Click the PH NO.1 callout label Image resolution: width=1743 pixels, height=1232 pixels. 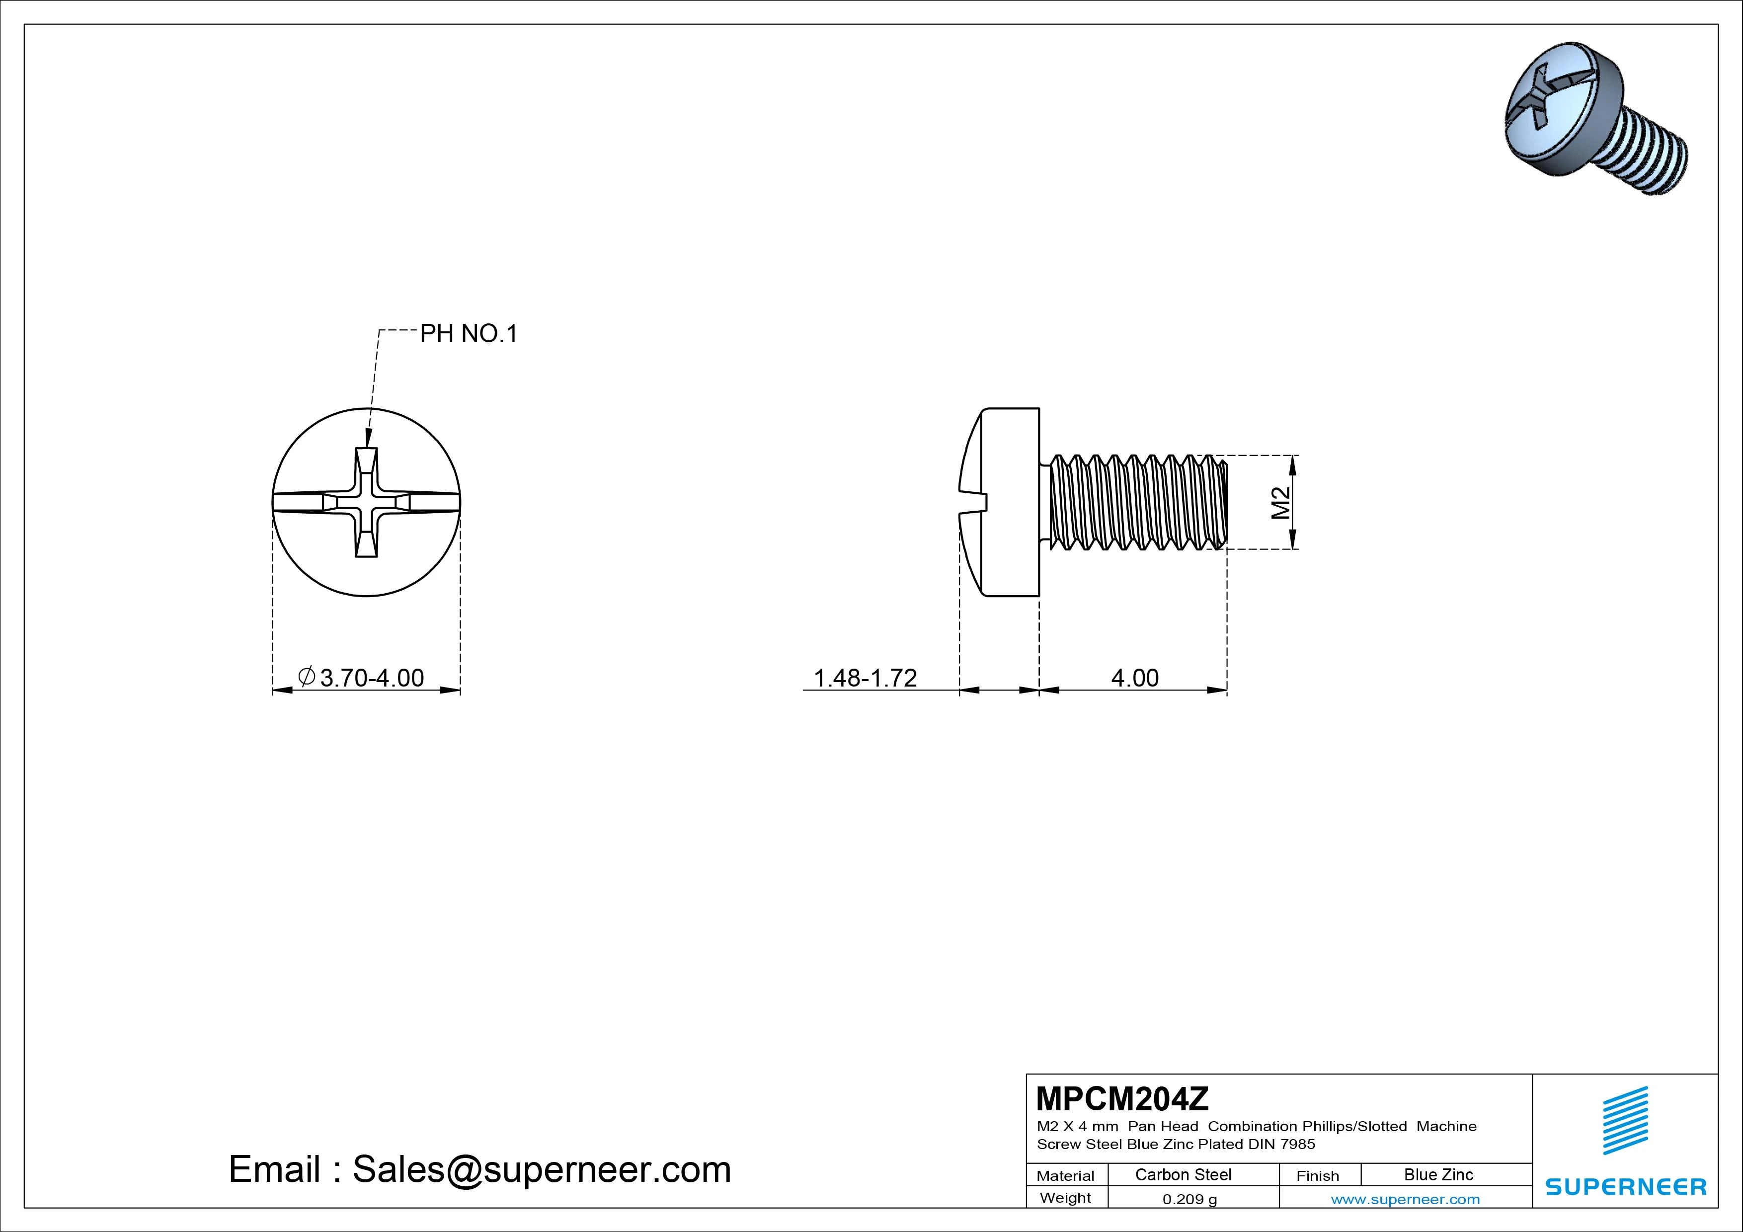[469, 333]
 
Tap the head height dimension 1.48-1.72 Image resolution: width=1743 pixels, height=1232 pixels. [866, 677]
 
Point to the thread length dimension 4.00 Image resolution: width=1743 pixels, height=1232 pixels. [1135, 677]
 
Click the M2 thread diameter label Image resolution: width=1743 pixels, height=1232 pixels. [1281, 503]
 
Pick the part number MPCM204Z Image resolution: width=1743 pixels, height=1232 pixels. [1122, 1098]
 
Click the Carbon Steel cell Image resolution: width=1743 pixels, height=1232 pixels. [1183, 1175]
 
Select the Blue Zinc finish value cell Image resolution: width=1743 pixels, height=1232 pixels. [1438, 1175]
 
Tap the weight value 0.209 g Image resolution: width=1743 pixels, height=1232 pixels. [1189, 1199]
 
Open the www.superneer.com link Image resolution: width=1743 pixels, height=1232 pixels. [1405, 1199]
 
